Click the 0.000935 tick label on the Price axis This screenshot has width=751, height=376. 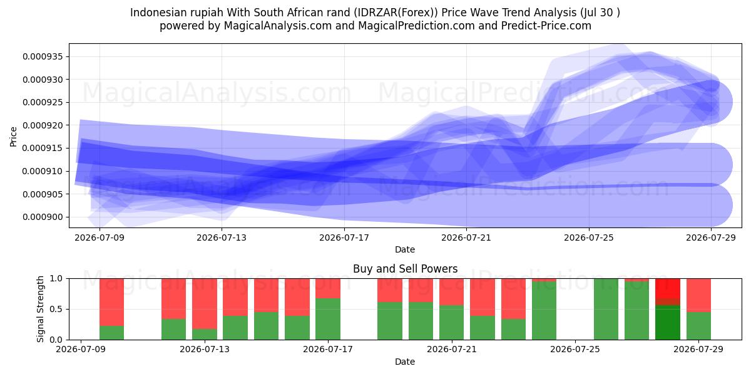43,56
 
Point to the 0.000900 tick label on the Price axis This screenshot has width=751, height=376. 43,217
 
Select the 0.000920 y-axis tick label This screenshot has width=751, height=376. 43,125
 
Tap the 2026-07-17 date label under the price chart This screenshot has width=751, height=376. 344,238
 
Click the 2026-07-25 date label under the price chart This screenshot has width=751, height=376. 589,238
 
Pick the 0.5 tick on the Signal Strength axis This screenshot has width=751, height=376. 56,309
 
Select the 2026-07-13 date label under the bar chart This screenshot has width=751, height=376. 205,349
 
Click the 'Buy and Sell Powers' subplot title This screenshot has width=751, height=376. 405,269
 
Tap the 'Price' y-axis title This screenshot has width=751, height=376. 13,137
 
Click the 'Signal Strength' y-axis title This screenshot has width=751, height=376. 40,309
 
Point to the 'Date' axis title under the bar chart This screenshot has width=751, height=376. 405,362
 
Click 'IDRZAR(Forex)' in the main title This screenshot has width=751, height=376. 397,13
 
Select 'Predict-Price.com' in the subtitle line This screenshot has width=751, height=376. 546,26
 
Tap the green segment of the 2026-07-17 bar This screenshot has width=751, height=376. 328,319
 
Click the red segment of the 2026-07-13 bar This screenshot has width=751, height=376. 205,303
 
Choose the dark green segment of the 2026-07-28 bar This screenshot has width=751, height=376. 668,322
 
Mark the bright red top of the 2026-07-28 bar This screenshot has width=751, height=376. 668,288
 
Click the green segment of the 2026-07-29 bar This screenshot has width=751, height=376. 698,326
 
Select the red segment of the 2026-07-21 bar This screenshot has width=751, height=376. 452,292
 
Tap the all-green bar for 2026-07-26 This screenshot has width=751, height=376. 606,309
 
